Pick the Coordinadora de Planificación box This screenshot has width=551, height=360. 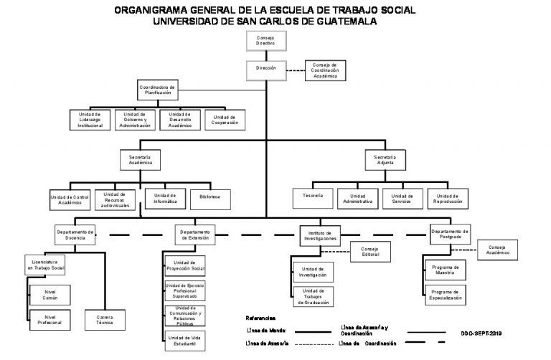point(156,90)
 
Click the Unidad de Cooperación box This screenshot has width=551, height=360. point(225,120)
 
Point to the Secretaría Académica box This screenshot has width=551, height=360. point(140,159)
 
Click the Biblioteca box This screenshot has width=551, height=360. point(210,196)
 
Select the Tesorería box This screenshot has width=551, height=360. point(313,196)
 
